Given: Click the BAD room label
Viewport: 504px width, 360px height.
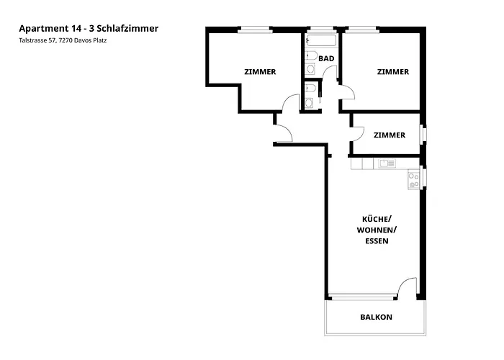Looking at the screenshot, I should click(x=326, y=58).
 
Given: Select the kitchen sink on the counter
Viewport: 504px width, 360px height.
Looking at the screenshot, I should click(x=386, y=163).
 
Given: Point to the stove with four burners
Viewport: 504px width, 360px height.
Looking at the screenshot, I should click(x=414, y=180).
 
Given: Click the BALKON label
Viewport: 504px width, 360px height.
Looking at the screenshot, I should click(x=377, y=317).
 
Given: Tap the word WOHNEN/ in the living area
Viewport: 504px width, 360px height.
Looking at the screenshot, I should click(x=377, y=230).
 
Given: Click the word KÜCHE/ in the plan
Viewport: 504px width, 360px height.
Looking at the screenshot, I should click(x=377, y=218).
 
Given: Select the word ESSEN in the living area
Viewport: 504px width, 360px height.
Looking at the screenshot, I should click(x=377, y=241).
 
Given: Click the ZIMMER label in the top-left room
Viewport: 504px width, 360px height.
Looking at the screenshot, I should click(x=260, y=71).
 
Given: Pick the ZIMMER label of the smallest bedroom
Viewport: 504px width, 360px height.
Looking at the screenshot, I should click(x=389, y=135).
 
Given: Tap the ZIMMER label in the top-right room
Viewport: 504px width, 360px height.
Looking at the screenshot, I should click(x=392, y=71).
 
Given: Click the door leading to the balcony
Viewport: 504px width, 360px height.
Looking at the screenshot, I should click(x=407, y=288).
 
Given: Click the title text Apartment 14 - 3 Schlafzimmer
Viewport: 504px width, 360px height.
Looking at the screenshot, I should click(x=89, y=28).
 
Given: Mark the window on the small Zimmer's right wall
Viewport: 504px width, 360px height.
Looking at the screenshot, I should click(x=424, y=134).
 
